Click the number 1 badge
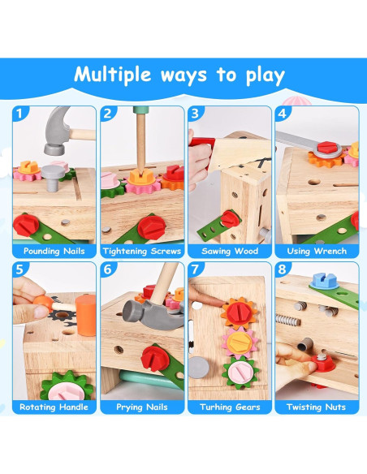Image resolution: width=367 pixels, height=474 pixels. pyautogui.click(x=20, y=114)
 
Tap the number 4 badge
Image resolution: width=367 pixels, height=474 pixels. pyautogui.click(x=283, y=114)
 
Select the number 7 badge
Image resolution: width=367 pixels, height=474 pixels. pyautogui.click(x=195, y=269)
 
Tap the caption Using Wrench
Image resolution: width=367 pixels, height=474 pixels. pyautogui.click(x=316, y=251)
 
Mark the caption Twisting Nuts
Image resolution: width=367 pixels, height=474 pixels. pyautogui.click(x=316, y=407)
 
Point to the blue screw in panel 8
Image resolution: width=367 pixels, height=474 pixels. pyautogui.click(x=318, y=284)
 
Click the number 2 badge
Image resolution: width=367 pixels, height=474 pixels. pyautogui.click(x=107, y=114)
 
